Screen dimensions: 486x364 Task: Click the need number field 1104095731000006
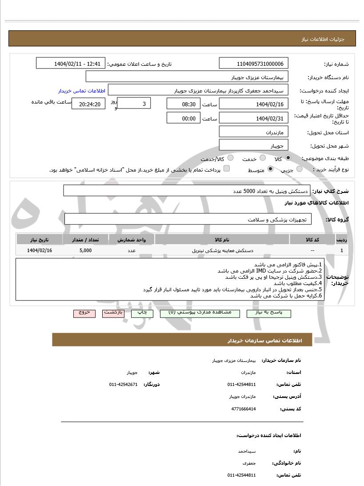click(x=254, y=64)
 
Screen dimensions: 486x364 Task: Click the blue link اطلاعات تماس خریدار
click(x=81, y=91)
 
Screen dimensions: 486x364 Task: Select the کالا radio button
click(x=288, y=158)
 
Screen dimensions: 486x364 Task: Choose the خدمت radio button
click(x=263, y=158)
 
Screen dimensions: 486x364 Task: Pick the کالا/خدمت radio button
click(x=230, y=158)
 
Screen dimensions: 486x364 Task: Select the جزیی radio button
click(x=299, y=169)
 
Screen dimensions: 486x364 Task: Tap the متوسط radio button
click(x=270, y=169)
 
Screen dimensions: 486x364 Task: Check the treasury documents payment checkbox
click(x=226, y=169)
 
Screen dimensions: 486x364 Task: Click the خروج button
click(x=84, y=313)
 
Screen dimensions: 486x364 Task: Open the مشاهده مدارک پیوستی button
click(x=200, y=313)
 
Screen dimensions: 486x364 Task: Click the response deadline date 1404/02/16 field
click(x=254, y=104)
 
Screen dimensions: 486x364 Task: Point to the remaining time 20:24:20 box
click(x=89, y=104)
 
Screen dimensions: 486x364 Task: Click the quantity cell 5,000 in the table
click(x=86, y=251)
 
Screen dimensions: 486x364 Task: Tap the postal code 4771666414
click(x=244, y=409)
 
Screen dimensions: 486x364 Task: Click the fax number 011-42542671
click(x=123, y=384)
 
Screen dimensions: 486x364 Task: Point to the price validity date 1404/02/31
click(x=254, y=118)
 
